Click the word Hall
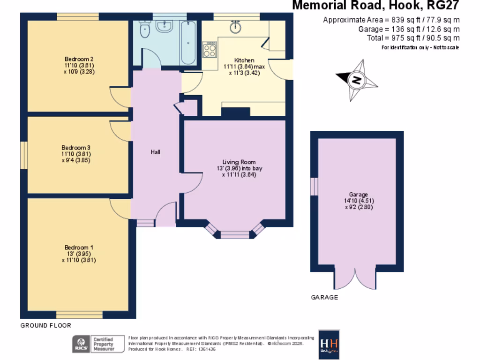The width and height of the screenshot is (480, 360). [x=156, y=152]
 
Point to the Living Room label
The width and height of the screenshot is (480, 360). [x=239, y=162]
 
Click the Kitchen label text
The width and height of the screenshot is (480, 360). [x=244, y=60]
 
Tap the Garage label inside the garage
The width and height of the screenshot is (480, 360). [x=358, y=195]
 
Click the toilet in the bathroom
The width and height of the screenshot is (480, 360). [x=144, y=31]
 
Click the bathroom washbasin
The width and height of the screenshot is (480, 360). [x=165, y=27]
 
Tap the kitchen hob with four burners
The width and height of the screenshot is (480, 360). [x=209, y=49]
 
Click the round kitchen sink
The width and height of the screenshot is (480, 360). [x=236, y=28]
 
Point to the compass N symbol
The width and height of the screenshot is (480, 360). [x=357, y=80]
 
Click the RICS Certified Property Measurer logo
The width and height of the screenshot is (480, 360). [x=93, y=344]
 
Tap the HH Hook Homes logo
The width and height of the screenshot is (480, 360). [x=329, y=344]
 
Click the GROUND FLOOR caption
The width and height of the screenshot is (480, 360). [x=45, y=325]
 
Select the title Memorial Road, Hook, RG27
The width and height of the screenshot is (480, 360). [x=375, y=6]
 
